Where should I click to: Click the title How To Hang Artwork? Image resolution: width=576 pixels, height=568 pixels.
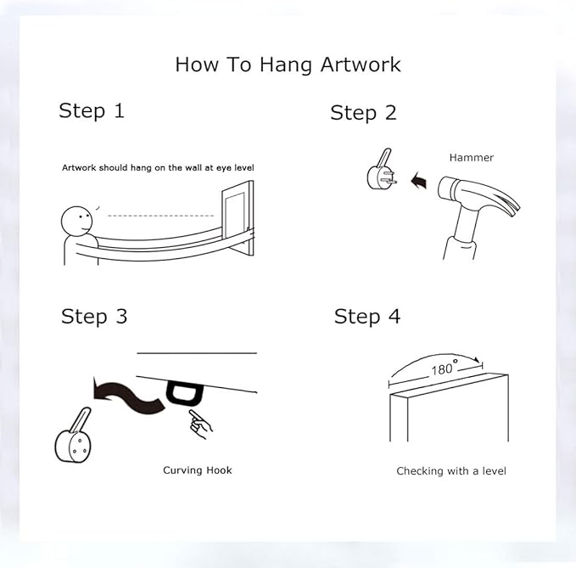pyautogui.click(x=288, y=65)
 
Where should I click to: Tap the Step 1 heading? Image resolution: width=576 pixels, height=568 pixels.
pyautogui.click(x=92, y=110)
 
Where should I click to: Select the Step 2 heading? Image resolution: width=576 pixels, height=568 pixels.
pyautogui.click(x=363, y=113)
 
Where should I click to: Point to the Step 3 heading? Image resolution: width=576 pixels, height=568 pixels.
pyautogui.click(x=94, y=317)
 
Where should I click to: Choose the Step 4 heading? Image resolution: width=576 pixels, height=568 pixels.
pyautogui.click(x=367, y=317)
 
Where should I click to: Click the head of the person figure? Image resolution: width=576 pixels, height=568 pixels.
pyautogui.click(x=77, y=222)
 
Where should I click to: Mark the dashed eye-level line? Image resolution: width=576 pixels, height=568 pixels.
pyautogui.click(x=161, y=216)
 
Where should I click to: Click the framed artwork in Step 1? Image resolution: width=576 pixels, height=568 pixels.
pyautogui.click(x=238, y=218)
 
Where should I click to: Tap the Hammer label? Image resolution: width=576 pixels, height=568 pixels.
pyautogui.click(x=472, y=158)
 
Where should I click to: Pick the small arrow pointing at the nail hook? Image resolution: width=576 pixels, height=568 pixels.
pyautogui.click(x=419, y=181)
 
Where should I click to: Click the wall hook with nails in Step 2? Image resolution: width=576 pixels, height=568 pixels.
pyautogui.click(x=381, y=170)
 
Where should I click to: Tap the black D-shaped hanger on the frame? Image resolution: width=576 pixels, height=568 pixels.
pyautogui.click(x=184, y=393)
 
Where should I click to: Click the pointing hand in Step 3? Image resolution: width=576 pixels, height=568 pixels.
pyautogui.click(x=200, y=425)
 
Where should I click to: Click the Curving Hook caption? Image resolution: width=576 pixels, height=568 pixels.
pyautogui.click(x=198, y=470)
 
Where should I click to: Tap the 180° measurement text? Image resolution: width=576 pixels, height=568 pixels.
pyautogui.click(x=445, y=368)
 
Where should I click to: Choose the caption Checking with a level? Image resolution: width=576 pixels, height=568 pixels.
pyautogui.click(x=451, y=471)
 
